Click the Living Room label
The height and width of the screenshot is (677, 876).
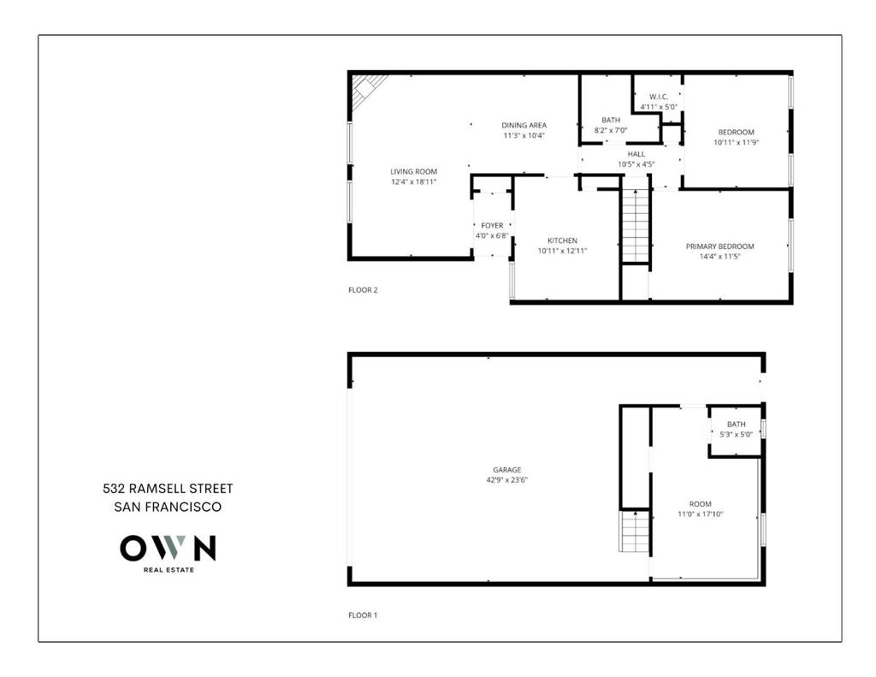413,172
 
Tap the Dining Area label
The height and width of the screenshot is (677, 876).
524,126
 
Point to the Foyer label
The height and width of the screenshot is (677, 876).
492,226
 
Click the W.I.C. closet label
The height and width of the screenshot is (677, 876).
658,97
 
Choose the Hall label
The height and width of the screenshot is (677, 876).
636,154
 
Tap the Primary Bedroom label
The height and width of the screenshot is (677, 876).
719,246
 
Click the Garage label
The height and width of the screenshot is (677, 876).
506,470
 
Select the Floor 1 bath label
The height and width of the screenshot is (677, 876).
736,425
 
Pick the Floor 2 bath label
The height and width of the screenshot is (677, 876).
610,121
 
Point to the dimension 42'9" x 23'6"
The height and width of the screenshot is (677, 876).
506,480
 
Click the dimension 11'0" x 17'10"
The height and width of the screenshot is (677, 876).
700,514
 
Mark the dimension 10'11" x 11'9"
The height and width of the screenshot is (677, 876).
736,142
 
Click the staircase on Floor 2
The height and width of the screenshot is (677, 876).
635,227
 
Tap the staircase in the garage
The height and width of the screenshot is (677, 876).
635,532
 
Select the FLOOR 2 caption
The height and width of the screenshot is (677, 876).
363,290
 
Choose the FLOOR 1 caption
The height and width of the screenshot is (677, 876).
363,615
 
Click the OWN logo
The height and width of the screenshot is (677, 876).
168,549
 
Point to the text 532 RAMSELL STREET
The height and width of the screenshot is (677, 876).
168,489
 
